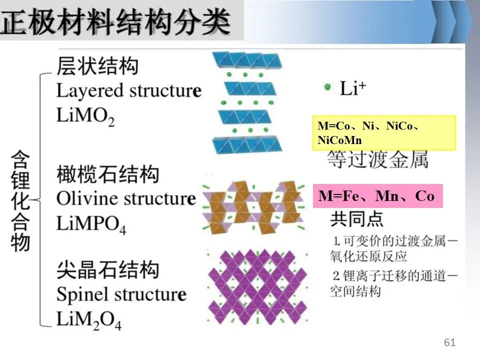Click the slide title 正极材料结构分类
click(x=115, y=21)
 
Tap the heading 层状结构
click(x=97, y=65)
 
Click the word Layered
click(x=89, y=91)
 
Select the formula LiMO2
click(x=85, y=116)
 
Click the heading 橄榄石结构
click(x=108, y=174)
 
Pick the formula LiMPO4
click(x=91, y=224)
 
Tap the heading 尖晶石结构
click(x=108, y=269)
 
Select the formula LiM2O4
click(x=89, y=320)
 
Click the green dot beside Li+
click(x=327, y=87)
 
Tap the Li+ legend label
click(x=353, y=88)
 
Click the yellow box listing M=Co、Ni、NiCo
click(x=384, y=133)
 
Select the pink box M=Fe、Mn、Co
click(x=378, y=196)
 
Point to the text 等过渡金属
click(x=378, y=159)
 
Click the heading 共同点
click(x=356, y=218)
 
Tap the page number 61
click(x=449, y=342)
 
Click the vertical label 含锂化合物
click(x=20, y=201)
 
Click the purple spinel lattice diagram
click(x=257, y=287)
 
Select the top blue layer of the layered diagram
click(x=246, y=60)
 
